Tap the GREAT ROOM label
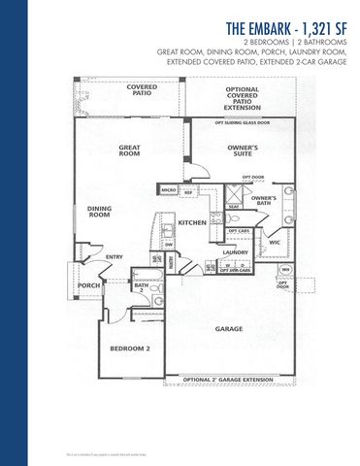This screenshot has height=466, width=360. (x=130, y=150)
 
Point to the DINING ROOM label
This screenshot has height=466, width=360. (x=100, y=211)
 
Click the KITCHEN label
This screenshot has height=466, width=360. (x=192, y=222)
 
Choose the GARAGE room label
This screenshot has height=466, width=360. (x=229, y=328)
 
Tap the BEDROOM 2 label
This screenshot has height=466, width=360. (x=128, y=348)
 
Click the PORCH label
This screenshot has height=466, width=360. (x=89, y=286)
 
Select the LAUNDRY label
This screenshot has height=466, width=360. (x=236, y=252)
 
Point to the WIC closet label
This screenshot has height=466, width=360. (x=275, y=241)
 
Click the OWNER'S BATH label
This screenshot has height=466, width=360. (x=264, y=201)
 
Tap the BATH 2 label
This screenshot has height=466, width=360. (x=141, y=287)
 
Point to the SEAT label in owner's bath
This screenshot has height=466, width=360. (x=234, y=206)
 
